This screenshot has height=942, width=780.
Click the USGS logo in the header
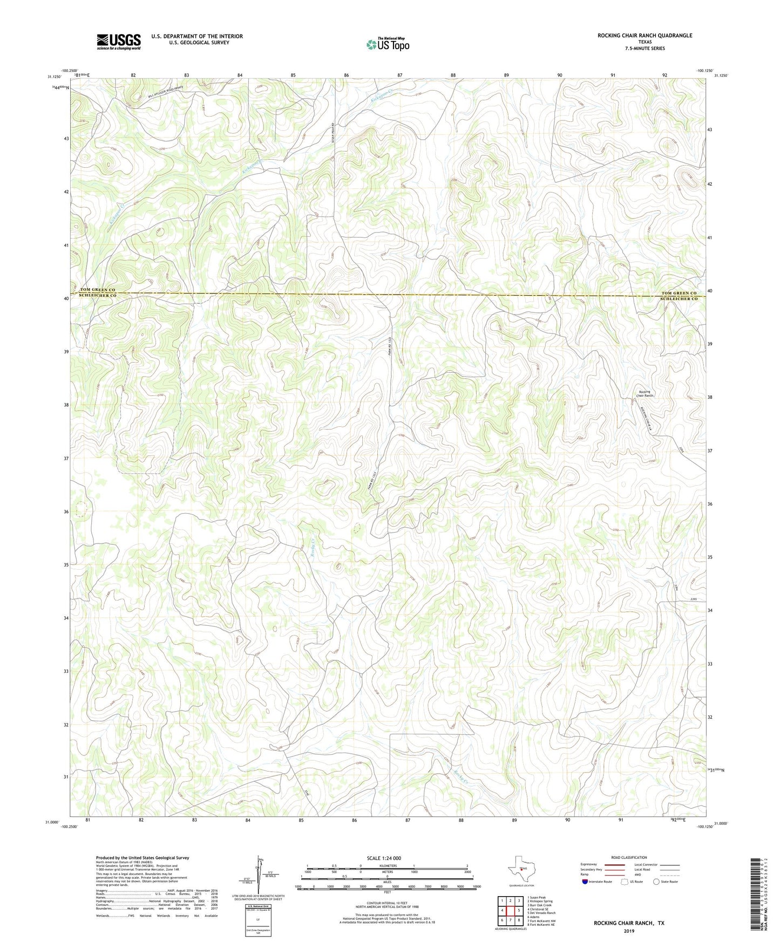tap(118, 42)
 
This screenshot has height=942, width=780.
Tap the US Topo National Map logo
tap(388, 44)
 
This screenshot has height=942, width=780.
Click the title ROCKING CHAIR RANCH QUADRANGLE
tap(644, 36)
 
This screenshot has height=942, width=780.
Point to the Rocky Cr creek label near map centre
tap(311, 550)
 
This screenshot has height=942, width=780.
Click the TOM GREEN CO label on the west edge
tap(98, 290)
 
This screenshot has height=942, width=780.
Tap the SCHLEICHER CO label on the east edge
tap(680, 299)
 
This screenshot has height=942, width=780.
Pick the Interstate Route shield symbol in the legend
tap(585, 882)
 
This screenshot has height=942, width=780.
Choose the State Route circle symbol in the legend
tap(656, 882)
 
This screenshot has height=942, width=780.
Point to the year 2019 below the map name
tap(629, 931)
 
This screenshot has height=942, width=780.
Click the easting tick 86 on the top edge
tap(346, 75)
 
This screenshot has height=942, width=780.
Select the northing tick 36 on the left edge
tap(65, 511)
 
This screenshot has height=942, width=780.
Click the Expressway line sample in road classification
tap(614, 864)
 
